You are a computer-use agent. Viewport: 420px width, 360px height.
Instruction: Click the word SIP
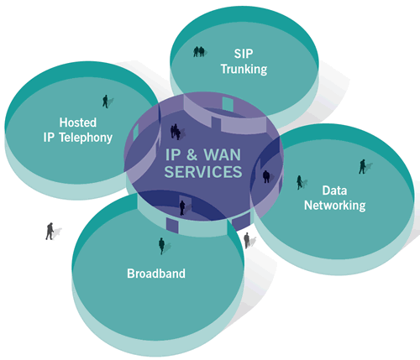[244, 54]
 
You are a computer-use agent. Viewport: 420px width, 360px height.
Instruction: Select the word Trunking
[244, 69]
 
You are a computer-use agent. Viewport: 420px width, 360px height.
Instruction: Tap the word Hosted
[78, 123]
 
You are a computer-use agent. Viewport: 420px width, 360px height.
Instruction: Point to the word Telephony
[86, 138]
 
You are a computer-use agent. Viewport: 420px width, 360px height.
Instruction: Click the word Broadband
[156, 274]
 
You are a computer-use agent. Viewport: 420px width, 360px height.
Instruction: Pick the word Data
[334, 190]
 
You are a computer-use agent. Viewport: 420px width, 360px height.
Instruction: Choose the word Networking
[335, 206]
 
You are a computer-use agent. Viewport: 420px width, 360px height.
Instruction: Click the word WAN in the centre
[222, 154]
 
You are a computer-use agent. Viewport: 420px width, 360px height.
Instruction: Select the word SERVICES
[203, 171]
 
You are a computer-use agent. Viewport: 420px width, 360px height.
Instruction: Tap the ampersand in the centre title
[192, 154]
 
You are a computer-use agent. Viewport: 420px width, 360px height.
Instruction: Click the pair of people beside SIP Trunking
[199, 52]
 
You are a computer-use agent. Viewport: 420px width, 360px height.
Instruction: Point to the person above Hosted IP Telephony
[105, 102]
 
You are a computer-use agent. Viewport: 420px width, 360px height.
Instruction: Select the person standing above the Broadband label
[161, 246]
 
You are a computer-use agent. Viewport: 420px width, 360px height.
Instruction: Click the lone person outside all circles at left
[50, 231]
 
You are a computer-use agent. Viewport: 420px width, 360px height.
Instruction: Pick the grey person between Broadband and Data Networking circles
[247, 240]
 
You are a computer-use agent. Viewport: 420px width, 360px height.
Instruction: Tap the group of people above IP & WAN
[176, 132]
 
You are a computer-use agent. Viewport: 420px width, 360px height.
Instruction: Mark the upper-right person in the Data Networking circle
[362, 167]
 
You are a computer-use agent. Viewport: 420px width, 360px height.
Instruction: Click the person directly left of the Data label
[299, 182]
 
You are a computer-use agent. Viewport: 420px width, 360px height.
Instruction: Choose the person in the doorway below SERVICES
[182, 208]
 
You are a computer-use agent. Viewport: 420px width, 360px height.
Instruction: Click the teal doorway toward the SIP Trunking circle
[228, 103]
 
